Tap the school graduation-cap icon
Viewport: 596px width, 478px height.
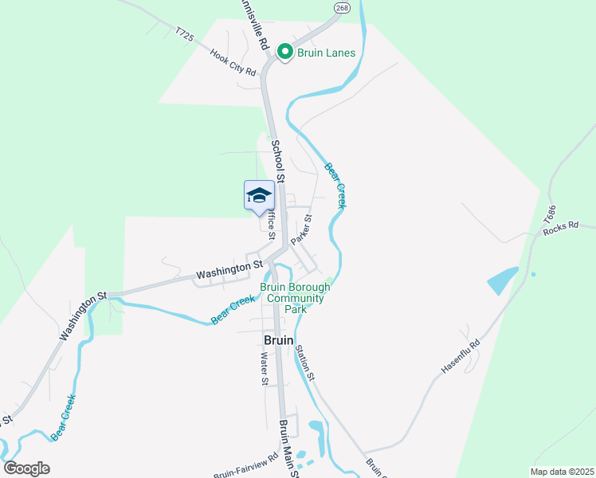259,195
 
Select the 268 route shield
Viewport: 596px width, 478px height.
342,7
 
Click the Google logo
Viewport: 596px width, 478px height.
26,468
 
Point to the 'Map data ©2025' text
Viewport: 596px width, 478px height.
563,472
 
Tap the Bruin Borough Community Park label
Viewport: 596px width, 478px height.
295,298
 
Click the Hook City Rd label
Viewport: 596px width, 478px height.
233,62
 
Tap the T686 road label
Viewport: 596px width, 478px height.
549,214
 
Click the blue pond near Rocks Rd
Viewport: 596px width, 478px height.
500,280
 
